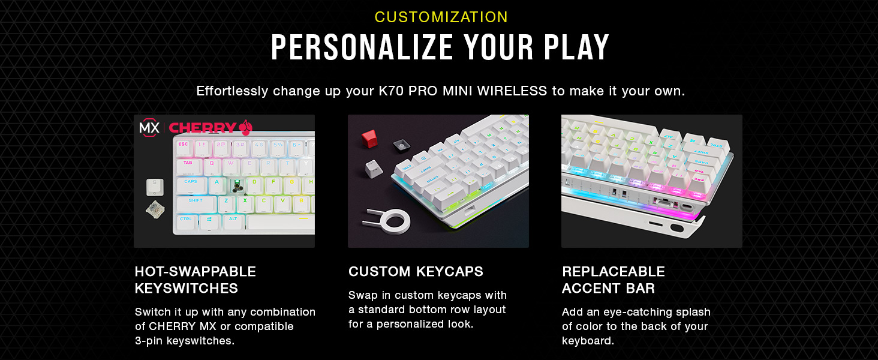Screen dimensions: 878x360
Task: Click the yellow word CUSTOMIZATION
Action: click(441, 17)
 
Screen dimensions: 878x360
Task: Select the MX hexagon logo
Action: click(149, 127)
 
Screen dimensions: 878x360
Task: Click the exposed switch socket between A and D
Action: click(236, 185)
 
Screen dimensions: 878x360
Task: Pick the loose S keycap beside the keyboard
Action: click(155, 187)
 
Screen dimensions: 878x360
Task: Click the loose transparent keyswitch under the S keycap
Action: click(155, 210)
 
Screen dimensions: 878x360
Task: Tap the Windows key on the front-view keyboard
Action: click(209, 221)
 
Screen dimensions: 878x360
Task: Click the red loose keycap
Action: click(369, 139)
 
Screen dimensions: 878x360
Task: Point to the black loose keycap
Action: click(401, 145)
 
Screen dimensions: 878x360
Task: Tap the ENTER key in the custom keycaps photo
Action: click(434, 181)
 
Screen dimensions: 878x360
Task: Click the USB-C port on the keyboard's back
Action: click(686, 207)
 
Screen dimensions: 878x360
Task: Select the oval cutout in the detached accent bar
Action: click(677, 228)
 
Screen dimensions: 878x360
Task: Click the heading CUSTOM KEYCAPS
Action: click(416, 271)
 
